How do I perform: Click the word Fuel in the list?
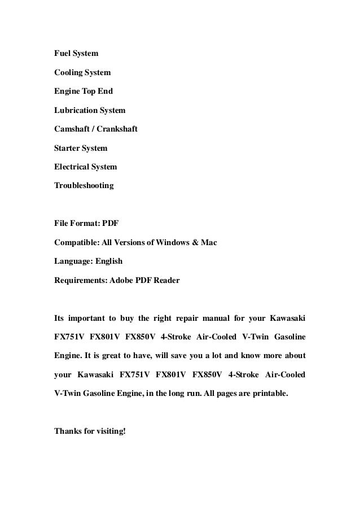point(63,54)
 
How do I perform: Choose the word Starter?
point(67,149)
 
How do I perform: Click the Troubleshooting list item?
point(84,186)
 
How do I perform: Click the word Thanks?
point(67,431)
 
